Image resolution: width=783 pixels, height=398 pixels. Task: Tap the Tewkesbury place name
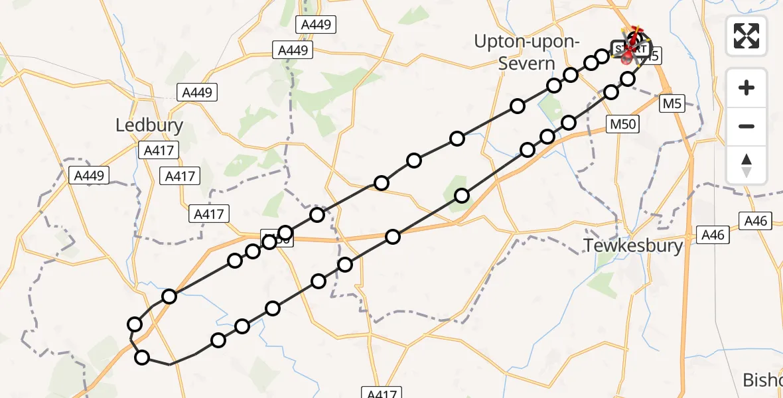633,245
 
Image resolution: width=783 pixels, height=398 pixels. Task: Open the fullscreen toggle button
747,35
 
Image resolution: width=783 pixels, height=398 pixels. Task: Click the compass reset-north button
747,166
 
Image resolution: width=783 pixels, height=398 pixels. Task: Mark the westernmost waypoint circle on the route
135,324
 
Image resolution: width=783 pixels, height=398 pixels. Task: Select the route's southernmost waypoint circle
142,358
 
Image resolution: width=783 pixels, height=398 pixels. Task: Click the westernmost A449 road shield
90,175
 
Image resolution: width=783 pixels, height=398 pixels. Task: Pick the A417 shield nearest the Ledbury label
159,151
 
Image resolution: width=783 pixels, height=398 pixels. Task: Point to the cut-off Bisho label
763,380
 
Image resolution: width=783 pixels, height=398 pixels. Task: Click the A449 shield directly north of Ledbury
196,92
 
